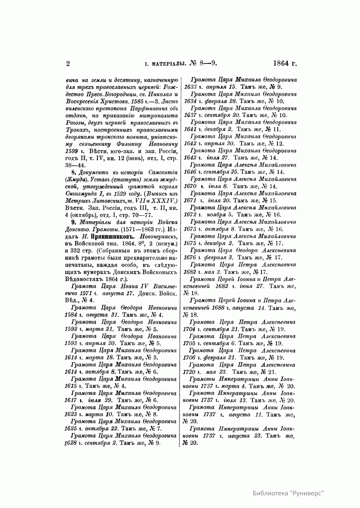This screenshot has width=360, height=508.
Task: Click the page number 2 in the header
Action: click(x=67, y=64)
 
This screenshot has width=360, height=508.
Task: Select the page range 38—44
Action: click(x=75, y=165)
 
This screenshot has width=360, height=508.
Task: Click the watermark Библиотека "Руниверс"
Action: click(x=289, y=493)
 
